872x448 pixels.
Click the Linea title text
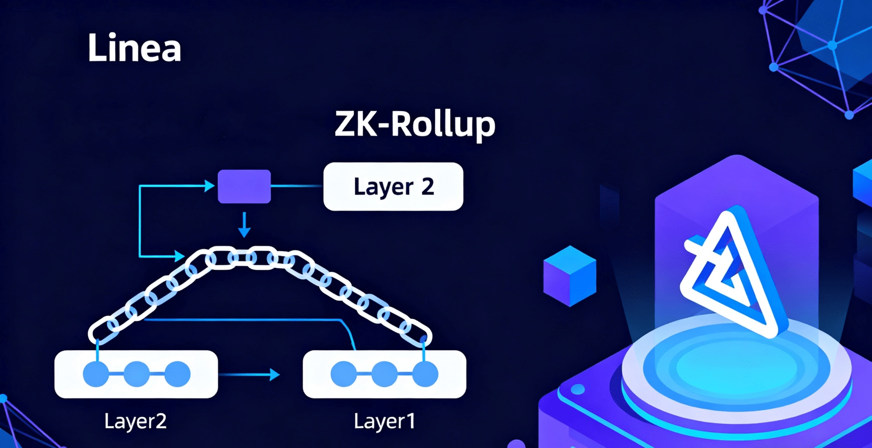click(x=134, y=48)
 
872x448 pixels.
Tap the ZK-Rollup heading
click(x=415, y=124)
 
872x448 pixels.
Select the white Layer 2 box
click(x=393, y=187)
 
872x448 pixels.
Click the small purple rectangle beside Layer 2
click(x=244, y=187)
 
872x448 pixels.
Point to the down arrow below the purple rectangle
click(x=244, y=225)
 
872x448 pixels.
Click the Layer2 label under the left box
click(x=135, y=421)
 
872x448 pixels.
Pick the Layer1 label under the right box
click(x=384, y=421)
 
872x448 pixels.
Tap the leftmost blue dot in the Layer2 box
click(x=96, y=374)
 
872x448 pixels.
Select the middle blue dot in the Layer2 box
click(x=137, y=374)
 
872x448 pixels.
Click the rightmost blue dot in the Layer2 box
click(x=177, y=374)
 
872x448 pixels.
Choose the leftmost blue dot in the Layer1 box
click(x=344, y=374)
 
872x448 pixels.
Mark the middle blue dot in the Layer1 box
click(x=384, y=374)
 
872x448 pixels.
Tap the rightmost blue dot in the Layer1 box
click(x=425, y=374)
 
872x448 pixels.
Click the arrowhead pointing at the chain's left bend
click(x=179, y=255)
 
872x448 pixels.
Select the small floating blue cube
click(x=569, y=276)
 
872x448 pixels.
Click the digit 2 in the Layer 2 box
click(x=427, y=187)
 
